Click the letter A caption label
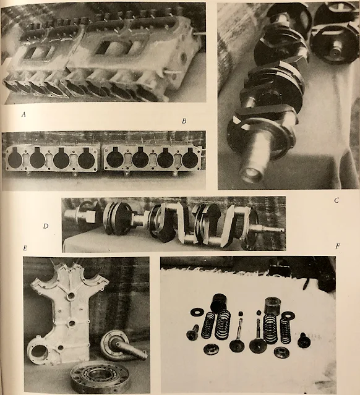point(24,114)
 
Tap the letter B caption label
point(184,121)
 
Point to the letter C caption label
point(336,200)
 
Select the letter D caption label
point(46,226)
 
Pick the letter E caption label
point(25,248)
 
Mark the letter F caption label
point(338,246)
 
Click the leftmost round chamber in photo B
point(15,159)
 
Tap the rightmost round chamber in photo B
point(191,159)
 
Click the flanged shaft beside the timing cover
point(121,346)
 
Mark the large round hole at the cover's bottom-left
point(38,351)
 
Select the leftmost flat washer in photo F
point(197,312)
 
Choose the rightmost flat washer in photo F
point(288,315)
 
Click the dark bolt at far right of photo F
point(304,340)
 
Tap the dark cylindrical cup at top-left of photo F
point(219,302)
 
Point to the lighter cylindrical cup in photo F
point(272,305)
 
